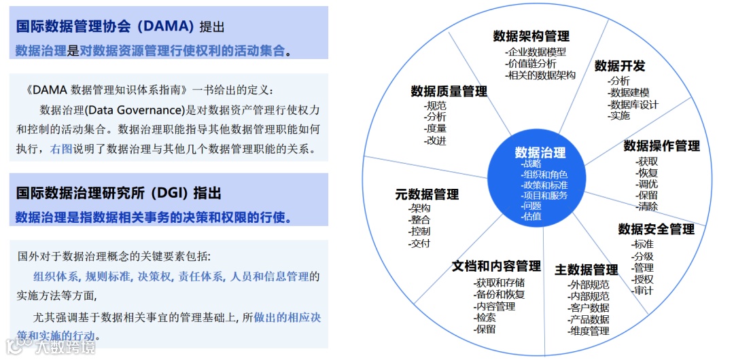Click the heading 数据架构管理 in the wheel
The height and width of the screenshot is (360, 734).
[x=531, y=36]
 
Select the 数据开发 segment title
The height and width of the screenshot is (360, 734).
[x=619, y=66]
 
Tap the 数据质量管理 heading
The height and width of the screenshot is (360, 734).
[x=449, y=91]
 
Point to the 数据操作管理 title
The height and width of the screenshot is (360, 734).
[x=661, y=146]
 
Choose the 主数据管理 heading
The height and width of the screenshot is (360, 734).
[x=586, y=270]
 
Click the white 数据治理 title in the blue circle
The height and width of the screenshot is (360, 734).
[x=540, y=152]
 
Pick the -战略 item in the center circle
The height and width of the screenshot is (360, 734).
[x=531, y=164]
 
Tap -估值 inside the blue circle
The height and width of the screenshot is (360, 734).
[x=531, y=216]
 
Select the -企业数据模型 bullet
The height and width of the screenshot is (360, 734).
[x=535, y=51]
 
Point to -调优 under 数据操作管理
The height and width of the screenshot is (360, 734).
[x=646, y=184]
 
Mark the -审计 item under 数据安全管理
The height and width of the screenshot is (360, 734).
[x=642, y=291]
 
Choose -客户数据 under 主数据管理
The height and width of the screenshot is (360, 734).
[x=589, y=308]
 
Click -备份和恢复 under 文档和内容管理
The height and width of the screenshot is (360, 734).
[x=499, y=294]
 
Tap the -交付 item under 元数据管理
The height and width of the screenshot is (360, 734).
[x=419, y=243]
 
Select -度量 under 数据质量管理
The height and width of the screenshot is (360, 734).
[x=435, y=128]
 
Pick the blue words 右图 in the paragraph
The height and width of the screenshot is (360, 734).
[x=61, y=149]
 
